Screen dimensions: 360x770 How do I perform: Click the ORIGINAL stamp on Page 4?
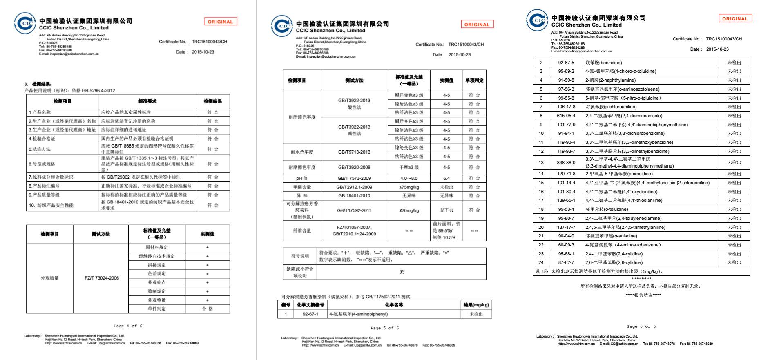click(x=220, y=22)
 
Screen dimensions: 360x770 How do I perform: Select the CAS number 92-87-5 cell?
click(x=566, y=63)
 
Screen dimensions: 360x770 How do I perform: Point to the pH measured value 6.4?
click(x=446, y=178)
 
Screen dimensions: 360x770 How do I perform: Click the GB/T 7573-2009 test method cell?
click(x=354, y=178)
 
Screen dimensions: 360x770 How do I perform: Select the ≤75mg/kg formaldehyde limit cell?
click(x=409, y=187)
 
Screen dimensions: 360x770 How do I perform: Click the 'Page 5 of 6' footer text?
click(x=384, y=328)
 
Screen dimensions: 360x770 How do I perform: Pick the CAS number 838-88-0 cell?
click(x=566, y=163)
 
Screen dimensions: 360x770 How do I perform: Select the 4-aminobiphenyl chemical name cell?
click(x=358, y=314)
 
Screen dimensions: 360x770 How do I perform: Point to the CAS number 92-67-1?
click(x=310, y=314)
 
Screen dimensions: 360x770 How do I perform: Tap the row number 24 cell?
click(x=541, y=262)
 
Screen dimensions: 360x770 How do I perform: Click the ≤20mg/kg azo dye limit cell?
click(x=409, y=210)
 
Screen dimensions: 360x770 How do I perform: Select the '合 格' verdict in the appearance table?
click(x=207, y=309)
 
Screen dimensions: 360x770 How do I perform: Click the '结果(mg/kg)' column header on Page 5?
click(x=476, y=305)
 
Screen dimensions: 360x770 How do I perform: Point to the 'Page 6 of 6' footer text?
click(x=641, y=326)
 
